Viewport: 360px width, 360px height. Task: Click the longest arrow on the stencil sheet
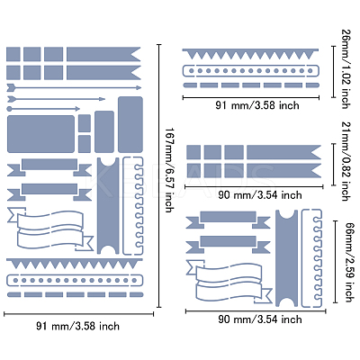[74, 87]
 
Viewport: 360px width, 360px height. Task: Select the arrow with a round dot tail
[43, 109]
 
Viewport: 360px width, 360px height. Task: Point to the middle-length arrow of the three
[56, 99]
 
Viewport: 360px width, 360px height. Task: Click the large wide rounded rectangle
[40, 134]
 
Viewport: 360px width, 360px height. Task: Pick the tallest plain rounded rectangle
[130, 124]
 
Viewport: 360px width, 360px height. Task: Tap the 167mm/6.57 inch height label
[170, 170]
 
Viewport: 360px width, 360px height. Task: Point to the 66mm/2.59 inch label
[348, 262]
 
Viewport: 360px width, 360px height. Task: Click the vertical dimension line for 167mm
[159, 175]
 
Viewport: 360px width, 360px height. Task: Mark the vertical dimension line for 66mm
[336, 262]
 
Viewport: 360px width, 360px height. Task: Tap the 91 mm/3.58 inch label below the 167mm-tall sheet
[78, 326]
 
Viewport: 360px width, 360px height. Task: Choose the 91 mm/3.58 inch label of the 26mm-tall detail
[257, 105]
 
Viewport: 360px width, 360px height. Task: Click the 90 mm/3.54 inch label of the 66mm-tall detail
[260, 319]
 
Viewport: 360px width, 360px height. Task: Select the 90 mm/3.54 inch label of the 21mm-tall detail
[260, 195]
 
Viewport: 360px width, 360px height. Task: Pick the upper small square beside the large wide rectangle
[85, 123]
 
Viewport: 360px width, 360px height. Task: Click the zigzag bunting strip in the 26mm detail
[250, 54]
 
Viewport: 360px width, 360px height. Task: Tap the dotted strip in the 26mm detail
[250, 71]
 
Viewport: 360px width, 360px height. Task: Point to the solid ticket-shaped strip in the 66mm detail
[286, 258]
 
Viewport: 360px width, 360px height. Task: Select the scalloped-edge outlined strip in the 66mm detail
[312, 258]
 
